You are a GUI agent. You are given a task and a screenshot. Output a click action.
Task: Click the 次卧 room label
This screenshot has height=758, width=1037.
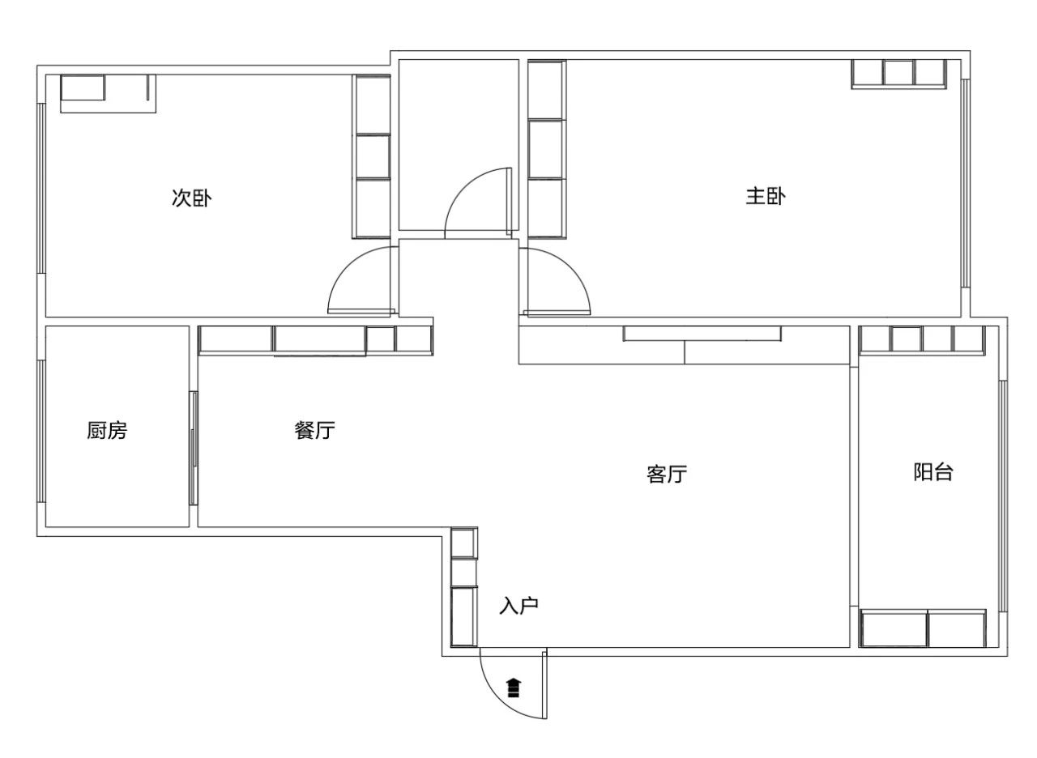(x=192, y=198)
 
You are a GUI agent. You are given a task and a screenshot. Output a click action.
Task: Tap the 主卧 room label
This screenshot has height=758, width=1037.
(x=766, y=196)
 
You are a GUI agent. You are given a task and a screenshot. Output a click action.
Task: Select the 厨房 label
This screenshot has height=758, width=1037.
(x=107, y=430)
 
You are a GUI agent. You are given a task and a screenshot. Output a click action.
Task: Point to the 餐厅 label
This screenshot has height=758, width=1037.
(x=315, y=430)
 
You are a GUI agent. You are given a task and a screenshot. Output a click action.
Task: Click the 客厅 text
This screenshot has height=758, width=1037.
(x=667, y=475)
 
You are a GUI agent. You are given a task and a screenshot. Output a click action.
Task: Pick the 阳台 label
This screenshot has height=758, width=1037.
(x=933, y=472)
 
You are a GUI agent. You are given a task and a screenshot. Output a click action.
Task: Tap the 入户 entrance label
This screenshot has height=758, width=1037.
(x=519, y=606)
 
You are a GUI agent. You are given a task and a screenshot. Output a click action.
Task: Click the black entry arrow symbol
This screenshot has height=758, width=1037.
(x=514, y=688)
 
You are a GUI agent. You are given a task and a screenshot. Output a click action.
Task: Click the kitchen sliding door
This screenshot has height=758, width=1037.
(x=194, y=448)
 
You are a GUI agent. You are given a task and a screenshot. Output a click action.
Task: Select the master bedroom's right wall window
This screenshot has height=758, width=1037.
(x=965, y=183)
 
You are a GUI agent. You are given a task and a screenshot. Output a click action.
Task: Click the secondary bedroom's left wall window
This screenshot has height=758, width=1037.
(x=41, y=189)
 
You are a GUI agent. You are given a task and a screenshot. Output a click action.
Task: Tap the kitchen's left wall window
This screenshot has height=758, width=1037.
(x=41, y=431)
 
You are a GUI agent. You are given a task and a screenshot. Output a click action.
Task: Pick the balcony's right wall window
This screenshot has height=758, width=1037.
(x=1003, y=496)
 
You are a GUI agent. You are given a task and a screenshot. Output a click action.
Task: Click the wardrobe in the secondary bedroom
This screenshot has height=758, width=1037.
(x=371, y=156)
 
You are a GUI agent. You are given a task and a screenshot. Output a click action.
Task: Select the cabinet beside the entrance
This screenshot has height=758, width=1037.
(x=464, y=587)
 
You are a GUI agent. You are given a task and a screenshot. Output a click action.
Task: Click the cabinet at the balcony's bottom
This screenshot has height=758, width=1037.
(x=923, y=628)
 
